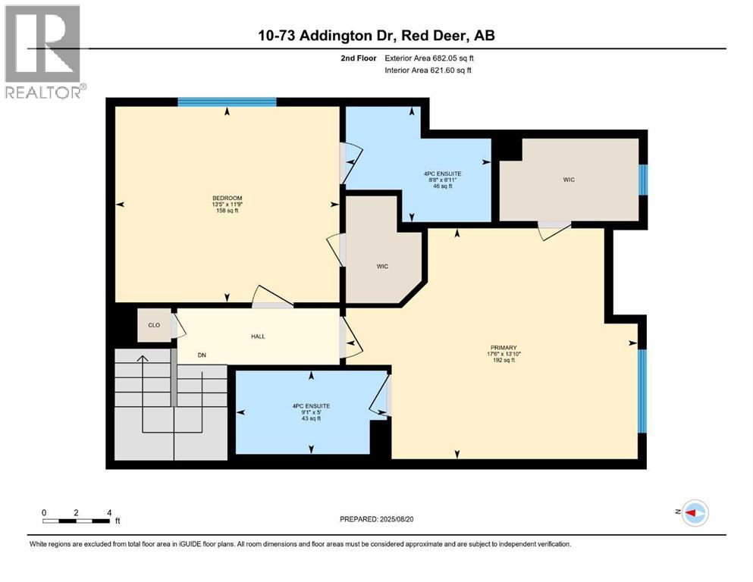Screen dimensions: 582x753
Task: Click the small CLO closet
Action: click(154, 325)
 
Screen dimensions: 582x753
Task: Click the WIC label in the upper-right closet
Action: click(569, 180)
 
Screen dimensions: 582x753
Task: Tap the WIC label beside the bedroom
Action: click(383, 266)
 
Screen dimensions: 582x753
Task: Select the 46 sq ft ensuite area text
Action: click(443, 186)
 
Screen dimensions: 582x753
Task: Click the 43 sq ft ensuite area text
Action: click(311, 418)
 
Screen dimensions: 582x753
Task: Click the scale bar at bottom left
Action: click(76, 521)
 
